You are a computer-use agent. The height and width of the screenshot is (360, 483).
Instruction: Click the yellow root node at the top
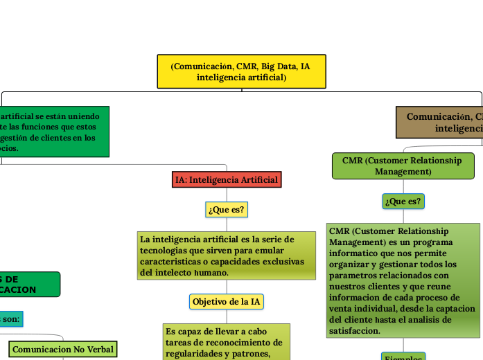click(241, 71)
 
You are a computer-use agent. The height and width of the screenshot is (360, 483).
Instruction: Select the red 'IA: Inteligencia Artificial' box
click(227, 180)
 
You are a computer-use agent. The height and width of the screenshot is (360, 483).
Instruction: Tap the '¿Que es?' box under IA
click(227, 209)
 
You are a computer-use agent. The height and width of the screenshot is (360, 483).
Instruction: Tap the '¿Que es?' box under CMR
click(403, 201)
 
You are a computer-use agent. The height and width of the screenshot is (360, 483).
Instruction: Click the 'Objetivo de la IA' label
click(227, 302)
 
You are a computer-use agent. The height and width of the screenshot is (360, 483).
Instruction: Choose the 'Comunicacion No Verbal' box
click(63, 349)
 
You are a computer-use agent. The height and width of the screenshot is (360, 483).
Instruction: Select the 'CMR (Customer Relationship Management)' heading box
click(402, 165)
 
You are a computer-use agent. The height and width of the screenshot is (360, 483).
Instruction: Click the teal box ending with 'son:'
click(11, 319)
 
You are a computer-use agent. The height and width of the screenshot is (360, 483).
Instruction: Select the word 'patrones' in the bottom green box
click(249, 354)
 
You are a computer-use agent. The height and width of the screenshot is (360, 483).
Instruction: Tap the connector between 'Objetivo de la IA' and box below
click(227, 316)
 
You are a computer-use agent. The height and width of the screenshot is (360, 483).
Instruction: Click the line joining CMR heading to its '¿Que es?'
click(403, 186)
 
